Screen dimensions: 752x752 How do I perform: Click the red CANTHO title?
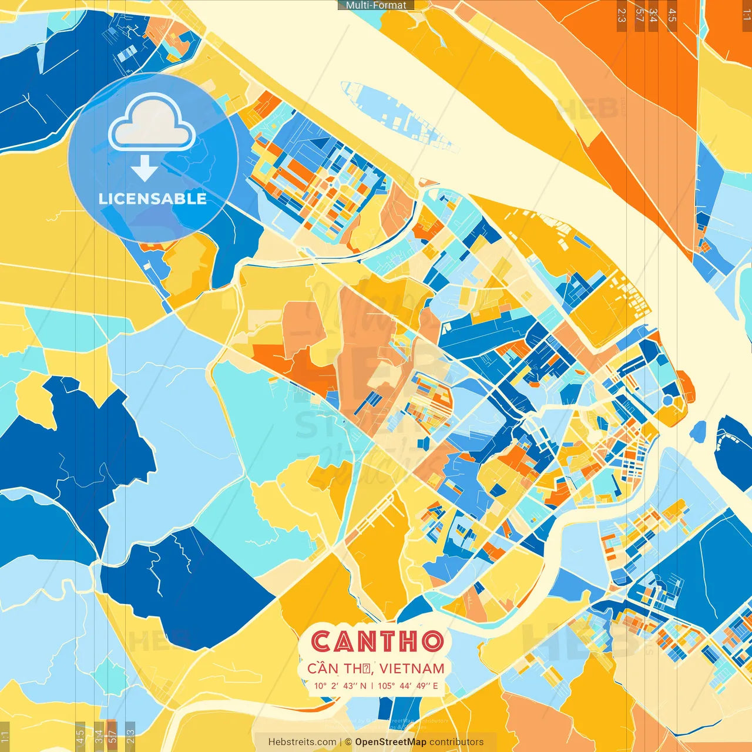(377, 641)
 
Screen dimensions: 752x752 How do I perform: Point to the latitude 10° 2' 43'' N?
(340, 686)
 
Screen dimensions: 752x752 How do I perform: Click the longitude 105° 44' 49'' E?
(408, 686)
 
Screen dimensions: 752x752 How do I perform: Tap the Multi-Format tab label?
(376, 5)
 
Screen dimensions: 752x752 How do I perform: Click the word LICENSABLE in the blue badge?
(153, 199)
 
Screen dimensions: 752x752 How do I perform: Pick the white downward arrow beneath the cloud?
(145, 169)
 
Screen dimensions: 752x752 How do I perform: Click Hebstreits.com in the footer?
(302, 742)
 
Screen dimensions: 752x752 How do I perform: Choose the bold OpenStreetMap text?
(391, 742)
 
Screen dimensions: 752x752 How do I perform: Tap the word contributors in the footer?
(456, 742)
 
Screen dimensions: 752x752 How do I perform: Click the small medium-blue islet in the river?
(698, 432)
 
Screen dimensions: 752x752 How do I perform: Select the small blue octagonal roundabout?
(667, 401)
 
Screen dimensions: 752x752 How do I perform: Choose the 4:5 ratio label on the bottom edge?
(80, 736)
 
